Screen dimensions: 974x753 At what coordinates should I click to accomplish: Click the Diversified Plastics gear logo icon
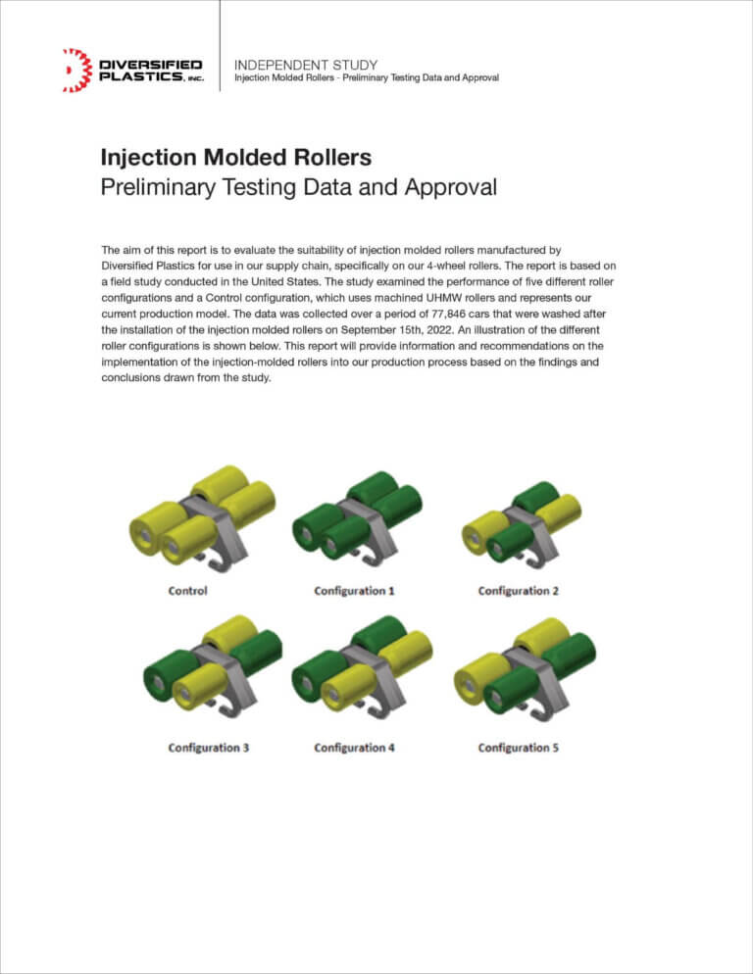(75, 71)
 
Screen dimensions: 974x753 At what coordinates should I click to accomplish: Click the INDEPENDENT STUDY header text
(306, 65)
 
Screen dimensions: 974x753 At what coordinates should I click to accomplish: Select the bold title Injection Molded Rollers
(236, 158)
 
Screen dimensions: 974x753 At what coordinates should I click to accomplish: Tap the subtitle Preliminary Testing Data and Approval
(299, 187)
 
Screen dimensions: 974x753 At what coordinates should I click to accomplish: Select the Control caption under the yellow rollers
(188, 591)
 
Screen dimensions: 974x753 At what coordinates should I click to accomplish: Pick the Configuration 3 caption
(208, 748)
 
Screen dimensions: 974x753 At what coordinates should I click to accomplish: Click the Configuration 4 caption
(355, 748)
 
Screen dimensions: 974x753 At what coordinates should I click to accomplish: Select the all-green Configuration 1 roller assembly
(358, 515)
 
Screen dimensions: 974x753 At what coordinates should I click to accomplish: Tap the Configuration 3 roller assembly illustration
(211, 668)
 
